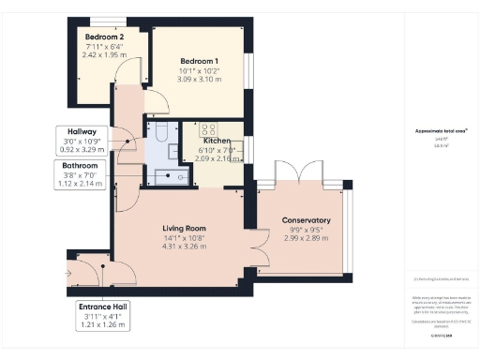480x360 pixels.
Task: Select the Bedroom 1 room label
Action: point(199,60)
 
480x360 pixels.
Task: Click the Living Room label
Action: point(184,228)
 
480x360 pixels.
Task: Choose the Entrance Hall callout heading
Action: point(105,307)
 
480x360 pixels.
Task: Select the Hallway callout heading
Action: point(82,131)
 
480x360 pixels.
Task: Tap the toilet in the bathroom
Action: point(159,132)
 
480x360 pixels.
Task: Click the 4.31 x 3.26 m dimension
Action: point(184,247)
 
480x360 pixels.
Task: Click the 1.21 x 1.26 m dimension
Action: point(105,326)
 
